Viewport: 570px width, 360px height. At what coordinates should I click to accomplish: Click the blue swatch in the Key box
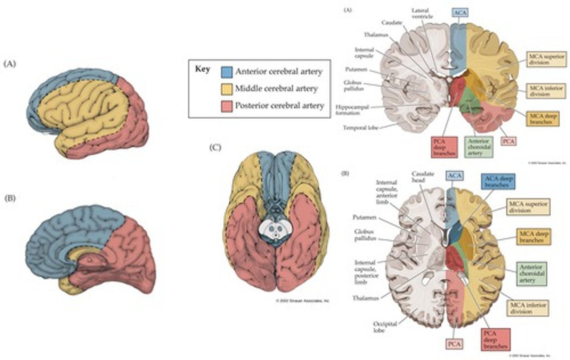(227, 72)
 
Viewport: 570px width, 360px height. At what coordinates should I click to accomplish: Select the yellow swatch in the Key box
(227, 89)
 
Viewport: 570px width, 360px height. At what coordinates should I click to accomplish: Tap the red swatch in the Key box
(227, 106)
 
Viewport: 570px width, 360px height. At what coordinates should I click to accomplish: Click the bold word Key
(202, 69)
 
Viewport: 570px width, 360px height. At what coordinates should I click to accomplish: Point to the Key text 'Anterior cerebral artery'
(279, 72)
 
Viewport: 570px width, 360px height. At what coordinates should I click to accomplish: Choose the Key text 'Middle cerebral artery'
(276, 89)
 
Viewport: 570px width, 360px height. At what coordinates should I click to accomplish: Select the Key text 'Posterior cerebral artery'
(279, 106)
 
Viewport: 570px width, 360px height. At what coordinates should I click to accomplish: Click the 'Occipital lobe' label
(385, 327)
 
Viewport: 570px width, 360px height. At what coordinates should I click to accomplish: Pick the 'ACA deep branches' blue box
(498, 182)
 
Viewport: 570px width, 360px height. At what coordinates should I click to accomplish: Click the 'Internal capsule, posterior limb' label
(367, 272)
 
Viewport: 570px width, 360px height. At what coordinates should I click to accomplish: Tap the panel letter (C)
(215, 148)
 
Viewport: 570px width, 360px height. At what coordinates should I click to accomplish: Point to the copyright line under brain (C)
(302, 301)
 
